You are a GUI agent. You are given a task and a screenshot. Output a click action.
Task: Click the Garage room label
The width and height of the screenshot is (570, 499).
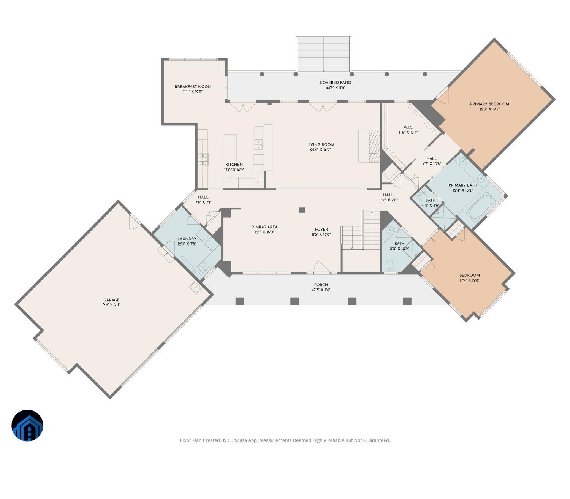[111, 300]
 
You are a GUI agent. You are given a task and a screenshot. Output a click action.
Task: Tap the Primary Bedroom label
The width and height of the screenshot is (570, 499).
[489, 104]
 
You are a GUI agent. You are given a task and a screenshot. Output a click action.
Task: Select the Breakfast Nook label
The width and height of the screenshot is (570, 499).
[192, 87]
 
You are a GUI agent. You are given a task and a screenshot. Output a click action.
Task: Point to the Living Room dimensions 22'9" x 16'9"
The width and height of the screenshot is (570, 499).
[320, 150]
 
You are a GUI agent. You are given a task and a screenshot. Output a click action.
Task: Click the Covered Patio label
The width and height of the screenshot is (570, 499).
[335, 82]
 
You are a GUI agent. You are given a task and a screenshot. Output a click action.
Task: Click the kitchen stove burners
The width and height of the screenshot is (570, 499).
[203, 159]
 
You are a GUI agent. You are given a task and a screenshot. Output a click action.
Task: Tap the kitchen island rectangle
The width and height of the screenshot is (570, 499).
[230, 148]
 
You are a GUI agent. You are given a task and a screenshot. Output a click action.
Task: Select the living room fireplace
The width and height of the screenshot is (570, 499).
[374, 146]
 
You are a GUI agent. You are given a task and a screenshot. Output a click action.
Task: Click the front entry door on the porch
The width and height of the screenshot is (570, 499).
[321, 268]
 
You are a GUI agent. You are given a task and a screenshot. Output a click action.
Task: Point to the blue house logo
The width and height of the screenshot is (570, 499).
[27, 425]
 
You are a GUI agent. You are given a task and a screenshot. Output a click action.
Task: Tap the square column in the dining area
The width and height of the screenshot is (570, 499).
[302, 210]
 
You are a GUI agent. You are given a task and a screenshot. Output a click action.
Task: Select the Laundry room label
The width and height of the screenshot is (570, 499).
[187, 239]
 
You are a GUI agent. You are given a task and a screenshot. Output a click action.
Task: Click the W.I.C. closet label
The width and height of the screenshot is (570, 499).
[408, 127]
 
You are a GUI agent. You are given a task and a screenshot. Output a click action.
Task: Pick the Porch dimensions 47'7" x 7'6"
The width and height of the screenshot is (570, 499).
[321, 290]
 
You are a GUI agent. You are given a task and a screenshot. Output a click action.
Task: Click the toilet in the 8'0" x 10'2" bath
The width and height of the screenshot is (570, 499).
[389, 266]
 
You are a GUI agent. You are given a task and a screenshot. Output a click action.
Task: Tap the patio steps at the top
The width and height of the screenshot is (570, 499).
[323, 54]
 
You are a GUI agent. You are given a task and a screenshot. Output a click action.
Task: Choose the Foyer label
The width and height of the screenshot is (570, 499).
[321, 229]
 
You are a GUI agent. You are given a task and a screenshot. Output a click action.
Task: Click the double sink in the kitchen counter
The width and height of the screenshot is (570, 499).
[258, 144]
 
